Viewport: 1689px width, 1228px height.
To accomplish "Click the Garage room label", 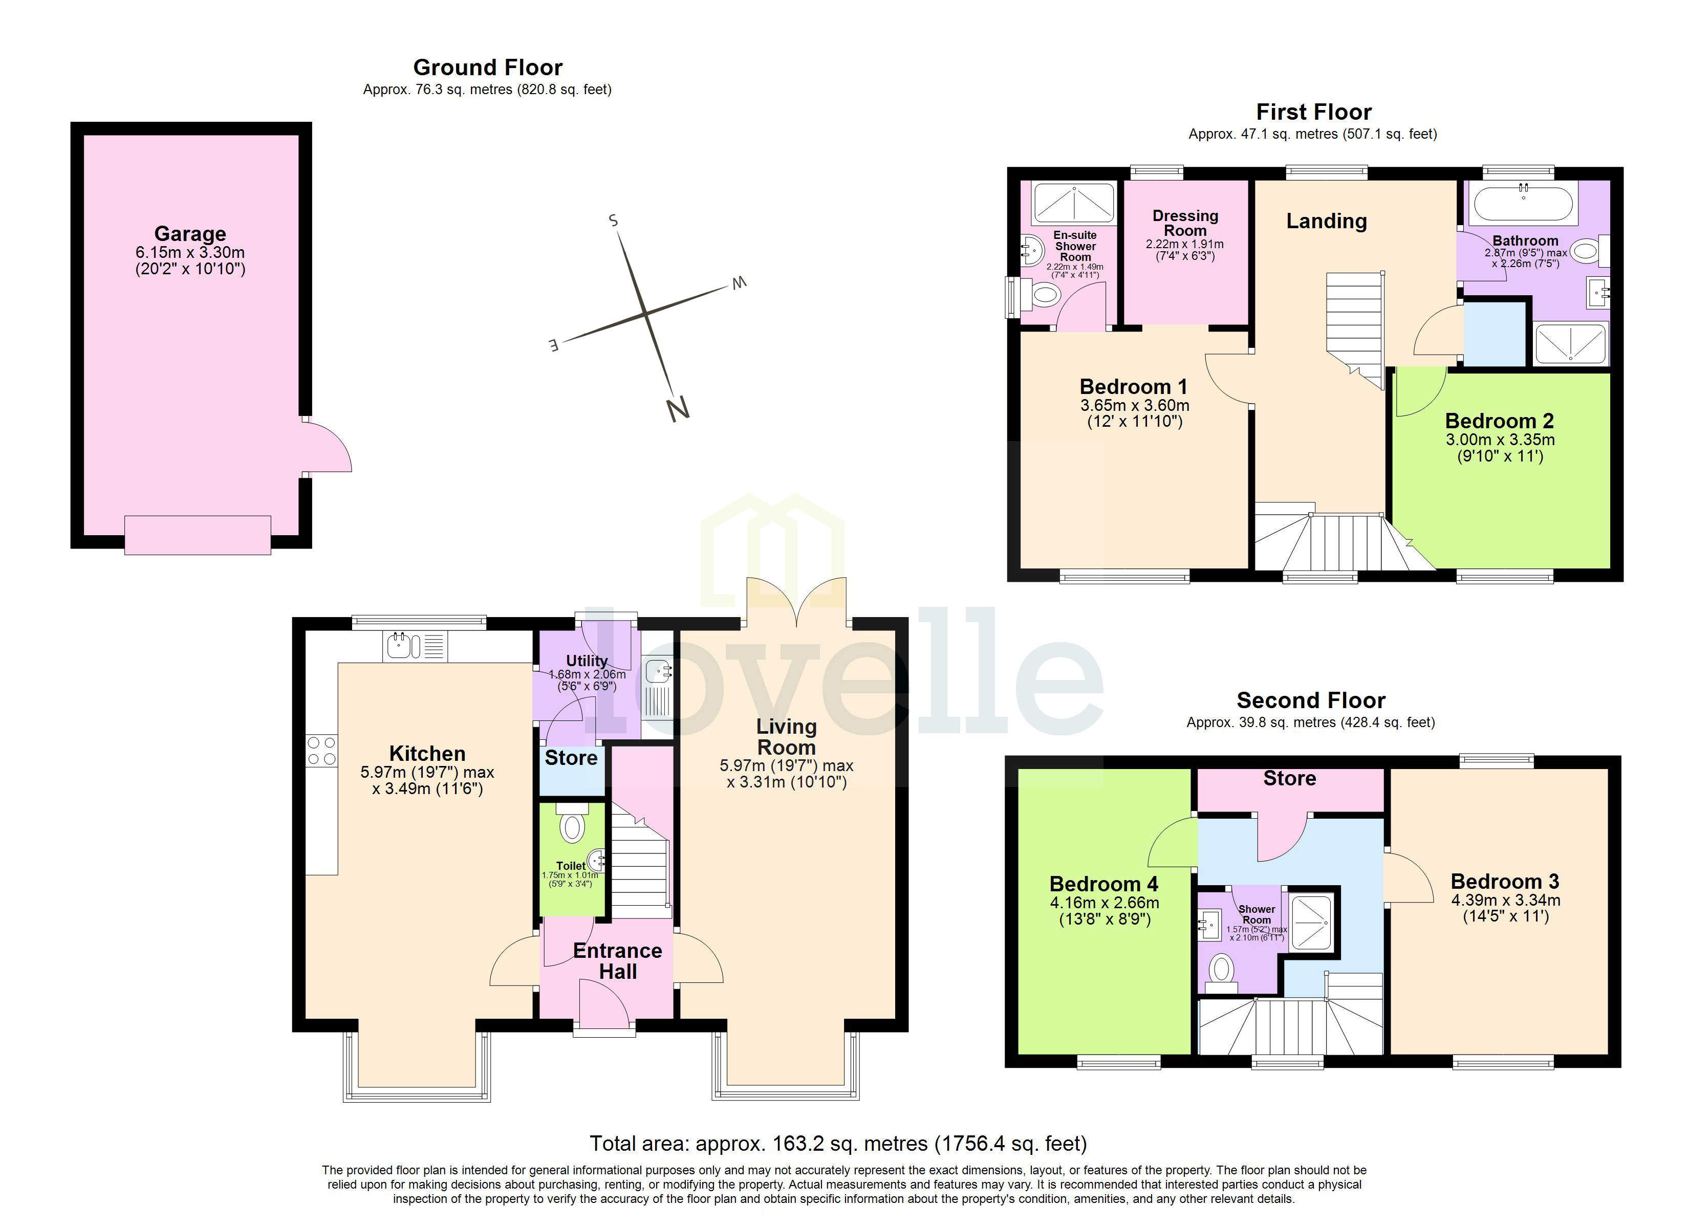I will (190, 234).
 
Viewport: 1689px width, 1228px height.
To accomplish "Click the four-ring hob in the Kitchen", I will (321, 750).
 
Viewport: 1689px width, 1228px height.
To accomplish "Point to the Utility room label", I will (587, 661).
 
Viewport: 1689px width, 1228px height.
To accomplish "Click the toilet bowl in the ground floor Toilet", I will (572, 827).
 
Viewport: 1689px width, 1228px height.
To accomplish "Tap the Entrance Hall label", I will (617, 961).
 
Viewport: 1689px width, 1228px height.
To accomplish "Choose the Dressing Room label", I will (1185, 223).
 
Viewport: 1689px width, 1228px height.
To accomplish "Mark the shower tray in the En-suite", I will (1074, 203).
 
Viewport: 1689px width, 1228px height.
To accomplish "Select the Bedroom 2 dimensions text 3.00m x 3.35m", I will (1500, 440).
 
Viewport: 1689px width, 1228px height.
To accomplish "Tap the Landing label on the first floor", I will (1326, 221).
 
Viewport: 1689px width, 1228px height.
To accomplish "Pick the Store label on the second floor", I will (1289, 779).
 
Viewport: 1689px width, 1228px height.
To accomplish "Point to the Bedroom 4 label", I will (1103, 884).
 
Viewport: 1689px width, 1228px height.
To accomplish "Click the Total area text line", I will (838, 1143).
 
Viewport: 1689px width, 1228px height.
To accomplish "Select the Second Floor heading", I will (1311, 700).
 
